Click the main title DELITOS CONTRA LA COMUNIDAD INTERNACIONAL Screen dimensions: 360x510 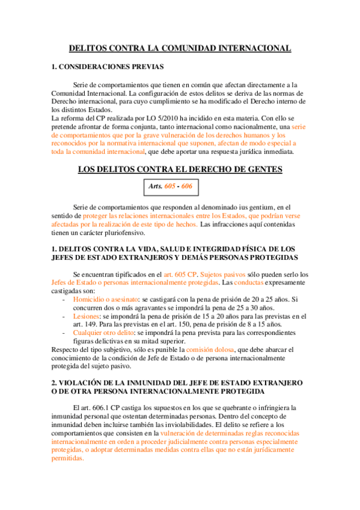(x=180, y=48)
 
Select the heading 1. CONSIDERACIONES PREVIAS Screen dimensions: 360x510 (x=108, y=66)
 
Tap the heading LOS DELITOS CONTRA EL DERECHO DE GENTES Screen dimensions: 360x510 (x=180, y=170)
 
